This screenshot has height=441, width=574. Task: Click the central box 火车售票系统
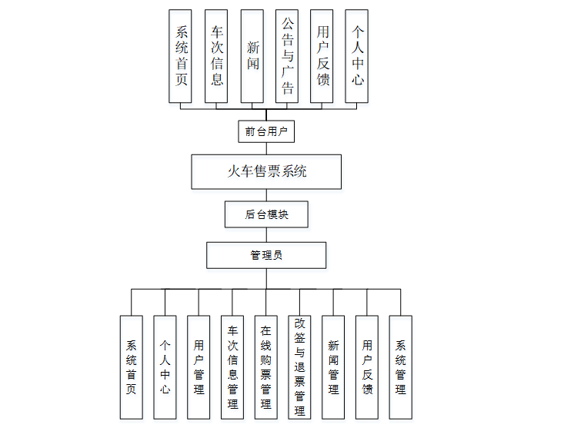(266, 171)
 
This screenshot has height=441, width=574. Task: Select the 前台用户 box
(266, 131)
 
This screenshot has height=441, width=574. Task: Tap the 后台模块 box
(266, 214)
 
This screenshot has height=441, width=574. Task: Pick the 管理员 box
(266, 255)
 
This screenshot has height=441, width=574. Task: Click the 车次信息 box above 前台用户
(217, 56)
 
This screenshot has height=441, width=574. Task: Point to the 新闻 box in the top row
(252, 56)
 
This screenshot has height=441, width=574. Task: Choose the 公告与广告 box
(288, 56)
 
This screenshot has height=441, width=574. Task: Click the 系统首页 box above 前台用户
(182, 56)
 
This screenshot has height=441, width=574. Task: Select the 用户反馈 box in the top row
(322, 56)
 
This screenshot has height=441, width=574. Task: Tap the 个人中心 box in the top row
(357, 56)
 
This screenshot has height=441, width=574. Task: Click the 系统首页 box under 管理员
(132, 367)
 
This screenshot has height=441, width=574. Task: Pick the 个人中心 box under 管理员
(165, 367)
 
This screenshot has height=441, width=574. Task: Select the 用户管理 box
(199, 367)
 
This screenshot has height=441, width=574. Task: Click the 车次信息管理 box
(232, 367)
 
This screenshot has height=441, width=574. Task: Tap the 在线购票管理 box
(266, 367)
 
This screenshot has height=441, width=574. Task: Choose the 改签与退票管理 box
(300, 367)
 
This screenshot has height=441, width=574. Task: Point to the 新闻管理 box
(333, 367)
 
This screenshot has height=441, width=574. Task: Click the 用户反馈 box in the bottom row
(367, 367)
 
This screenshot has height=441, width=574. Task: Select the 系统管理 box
(400, 367)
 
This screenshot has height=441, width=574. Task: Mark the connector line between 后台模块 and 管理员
(266, 234)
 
